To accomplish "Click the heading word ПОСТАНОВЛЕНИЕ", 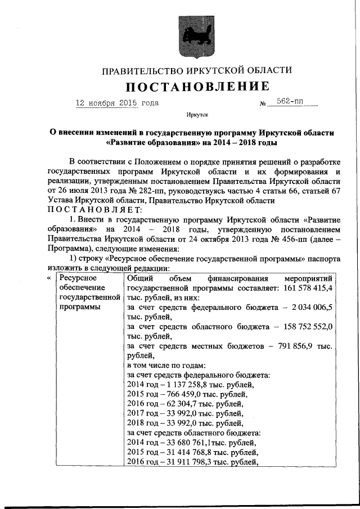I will pyautogui.click(x=197, y=87).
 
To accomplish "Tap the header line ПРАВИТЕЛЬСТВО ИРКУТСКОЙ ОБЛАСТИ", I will pyautogui.click(x=197, y=70).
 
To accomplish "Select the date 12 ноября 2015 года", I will pyautogui.click(x=117, y=103).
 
